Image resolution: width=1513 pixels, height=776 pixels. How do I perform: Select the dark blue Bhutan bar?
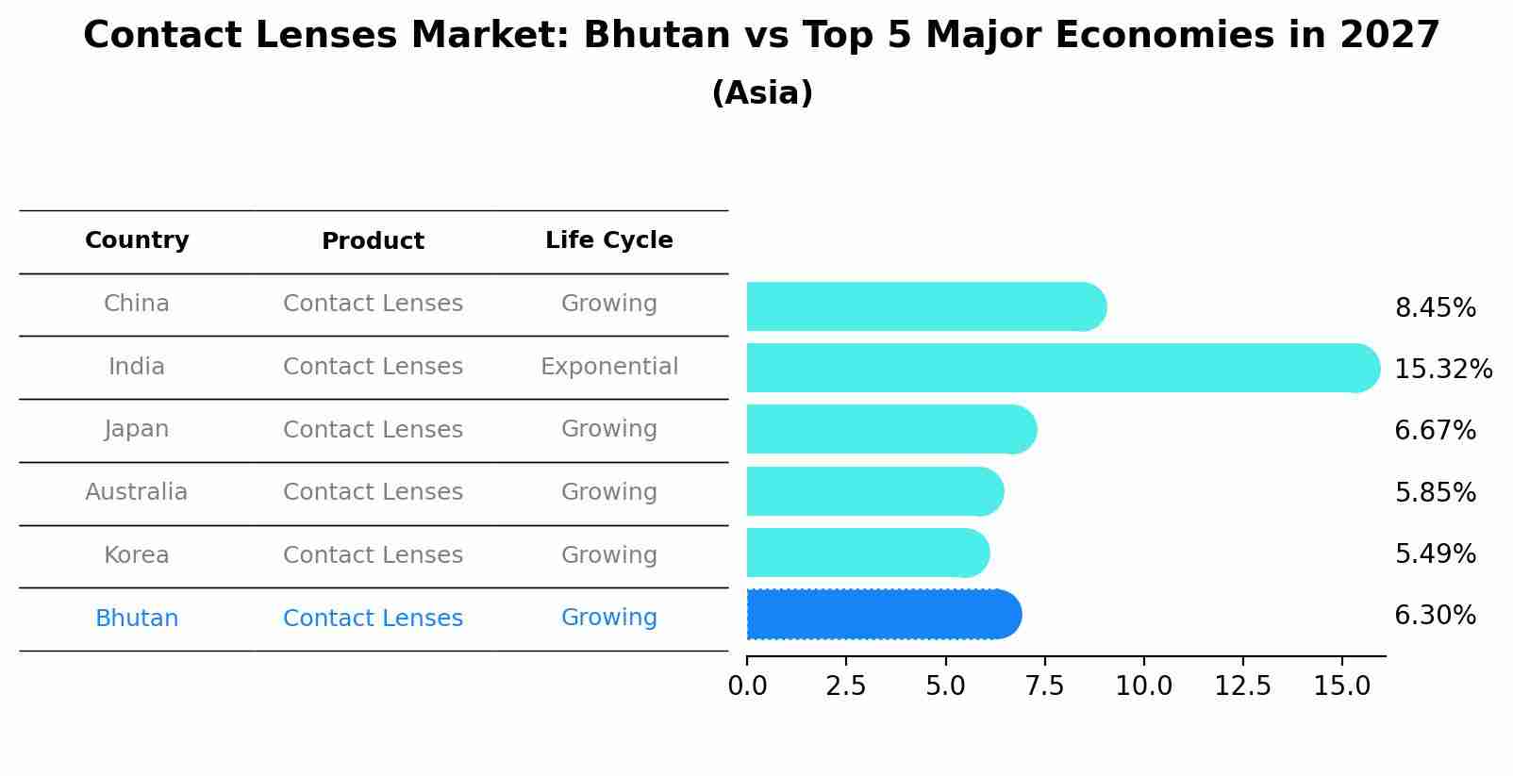click(x=883, y=615)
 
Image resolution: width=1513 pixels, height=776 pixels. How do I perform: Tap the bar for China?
click(x=924, y=306)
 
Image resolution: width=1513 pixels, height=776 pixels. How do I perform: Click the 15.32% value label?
click(x=1442, y=369)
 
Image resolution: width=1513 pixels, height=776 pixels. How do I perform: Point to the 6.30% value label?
click(x=1434, y=616)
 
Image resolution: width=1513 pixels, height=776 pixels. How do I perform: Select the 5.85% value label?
click(x=1434, y=492)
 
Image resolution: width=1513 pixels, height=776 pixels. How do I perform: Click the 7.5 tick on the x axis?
click(x=1044, y=685)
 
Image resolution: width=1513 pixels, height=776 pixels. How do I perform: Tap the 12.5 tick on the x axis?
click(x=1242, y=685)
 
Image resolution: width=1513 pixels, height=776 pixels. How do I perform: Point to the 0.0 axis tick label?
click(x=747, y=685)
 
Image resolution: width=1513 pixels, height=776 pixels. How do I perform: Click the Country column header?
click(x=137, y=240)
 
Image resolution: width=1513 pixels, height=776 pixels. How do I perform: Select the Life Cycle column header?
click(x=608, y=240)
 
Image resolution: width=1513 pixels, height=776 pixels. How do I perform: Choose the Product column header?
click(x=373, y=241)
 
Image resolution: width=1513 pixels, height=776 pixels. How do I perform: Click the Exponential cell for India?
click(x=608, y=367)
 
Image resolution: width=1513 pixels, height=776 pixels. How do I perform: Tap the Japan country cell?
click(x=137, y=429)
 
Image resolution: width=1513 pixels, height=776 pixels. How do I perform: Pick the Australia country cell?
click(x=137, y=492)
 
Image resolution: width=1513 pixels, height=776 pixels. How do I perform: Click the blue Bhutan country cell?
click(x=137, y=619)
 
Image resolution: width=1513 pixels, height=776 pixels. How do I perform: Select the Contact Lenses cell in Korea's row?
click(x=373, y=555)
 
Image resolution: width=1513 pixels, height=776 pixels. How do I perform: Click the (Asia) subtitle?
click(x=761, y=93)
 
